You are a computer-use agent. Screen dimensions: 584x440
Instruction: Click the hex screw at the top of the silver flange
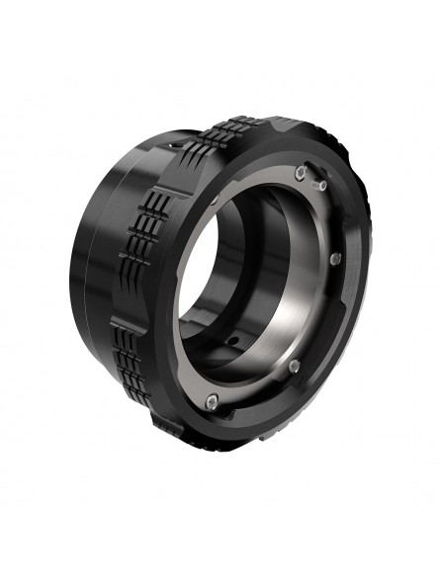pos(299,176)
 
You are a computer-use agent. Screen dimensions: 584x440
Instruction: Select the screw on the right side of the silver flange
pos(336,258)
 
